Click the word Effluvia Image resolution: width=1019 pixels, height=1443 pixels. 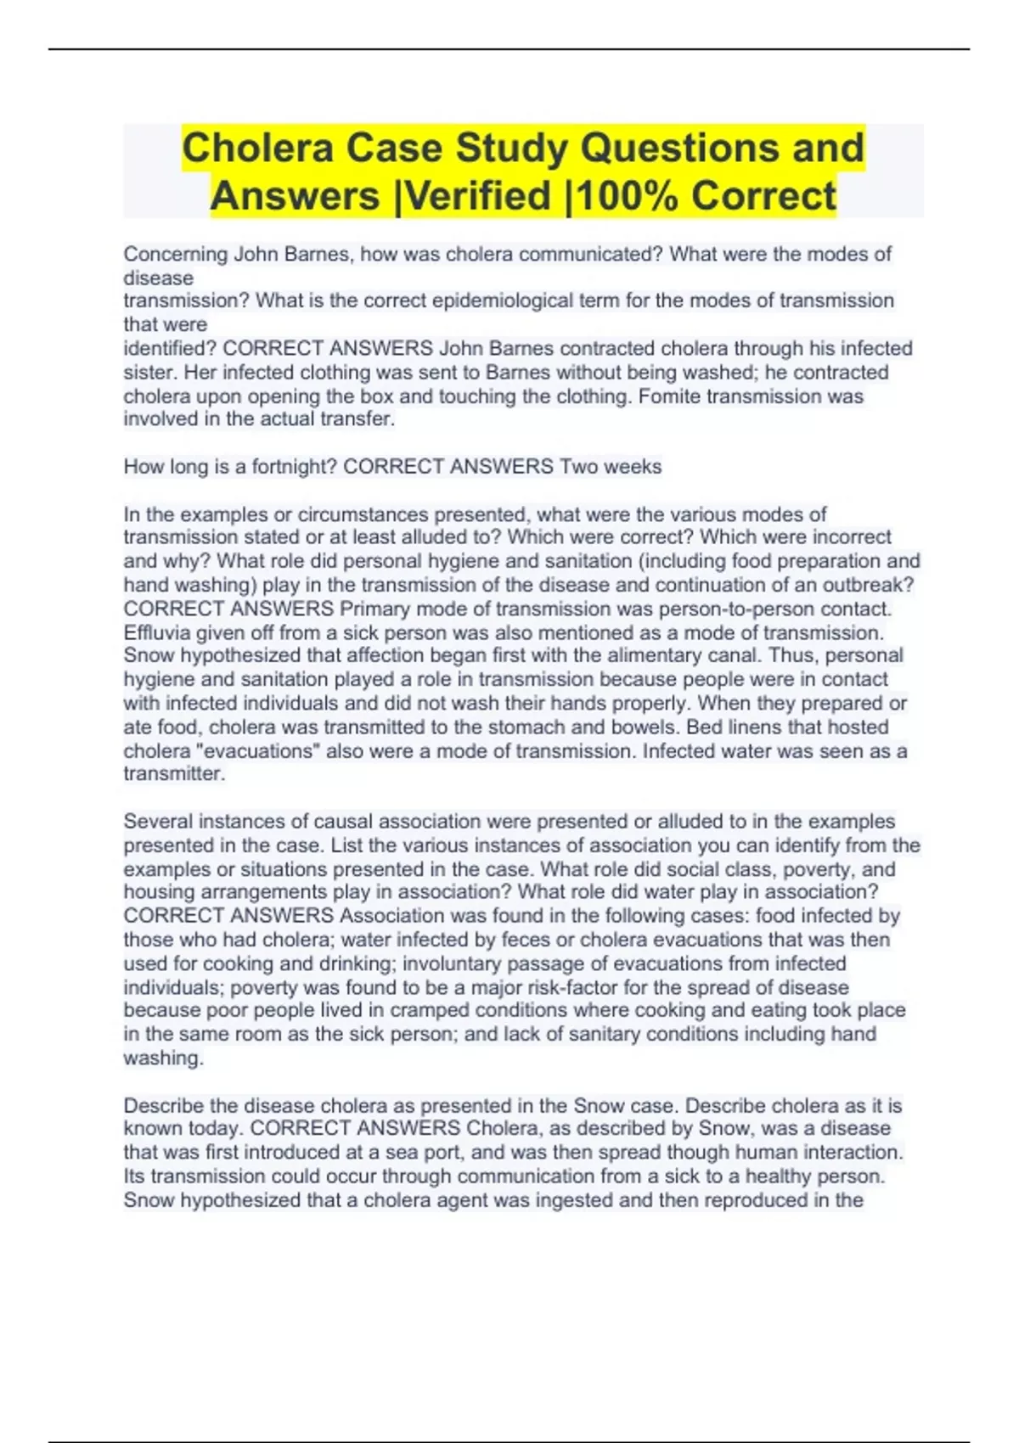tap(154, 632)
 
